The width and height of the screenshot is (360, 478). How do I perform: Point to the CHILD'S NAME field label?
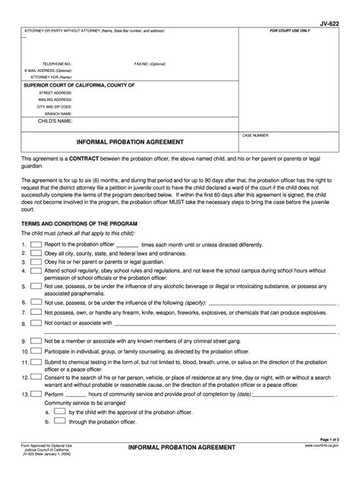pos(55,121)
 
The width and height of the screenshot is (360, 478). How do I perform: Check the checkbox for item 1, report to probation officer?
pos(36,245)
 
